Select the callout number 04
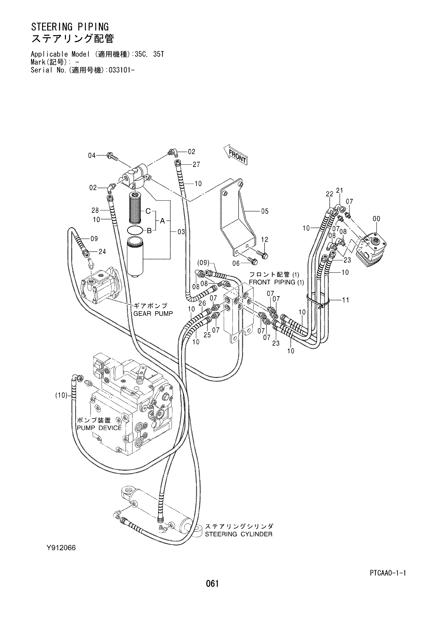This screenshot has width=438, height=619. point(92,156)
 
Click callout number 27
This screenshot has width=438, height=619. point(196,165)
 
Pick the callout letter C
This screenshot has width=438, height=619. point(148,211)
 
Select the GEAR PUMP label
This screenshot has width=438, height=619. point(153,314)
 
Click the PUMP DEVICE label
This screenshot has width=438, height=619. point(100,428)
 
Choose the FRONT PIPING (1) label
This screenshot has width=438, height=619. point(276,282)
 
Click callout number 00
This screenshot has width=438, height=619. point(376,219)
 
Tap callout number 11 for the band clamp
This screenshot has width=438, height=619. point(346,300)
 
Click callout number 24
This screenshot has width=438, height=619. point(102,252)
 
